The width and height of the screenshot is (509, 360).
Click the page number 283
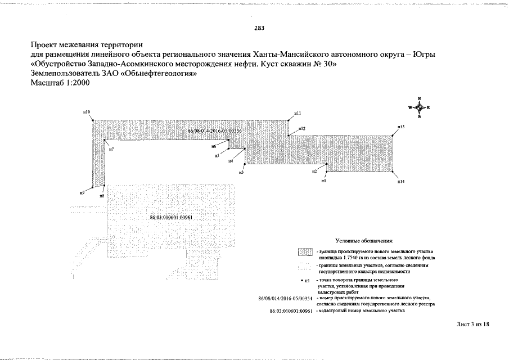(259, 28)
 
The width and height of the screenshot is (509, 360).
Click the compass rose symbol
(420, 107)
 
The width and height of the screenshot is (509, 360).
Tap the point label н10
(87, 112)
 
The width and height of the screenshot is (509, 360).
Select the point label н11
(298, 113)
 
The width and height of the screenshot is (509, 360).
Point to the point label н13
(401, 127)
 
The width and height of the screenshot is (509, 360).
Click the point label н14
(401, 182)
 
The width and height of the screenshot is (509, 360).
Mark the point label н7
(111, 149)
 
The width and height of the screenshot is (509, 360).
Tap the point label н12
(301, 129)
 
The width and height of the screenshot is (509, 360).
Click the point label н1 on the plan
(324, 181)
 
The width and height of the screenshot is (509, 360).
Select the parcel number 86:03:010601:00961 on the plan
(172, 218)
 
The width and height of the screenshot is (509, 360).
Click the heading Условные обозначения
(364, 240)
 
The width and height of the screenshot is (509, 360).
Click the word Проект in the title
(46, 44)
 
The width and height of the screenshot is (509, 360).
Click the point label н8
(102, 196)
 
